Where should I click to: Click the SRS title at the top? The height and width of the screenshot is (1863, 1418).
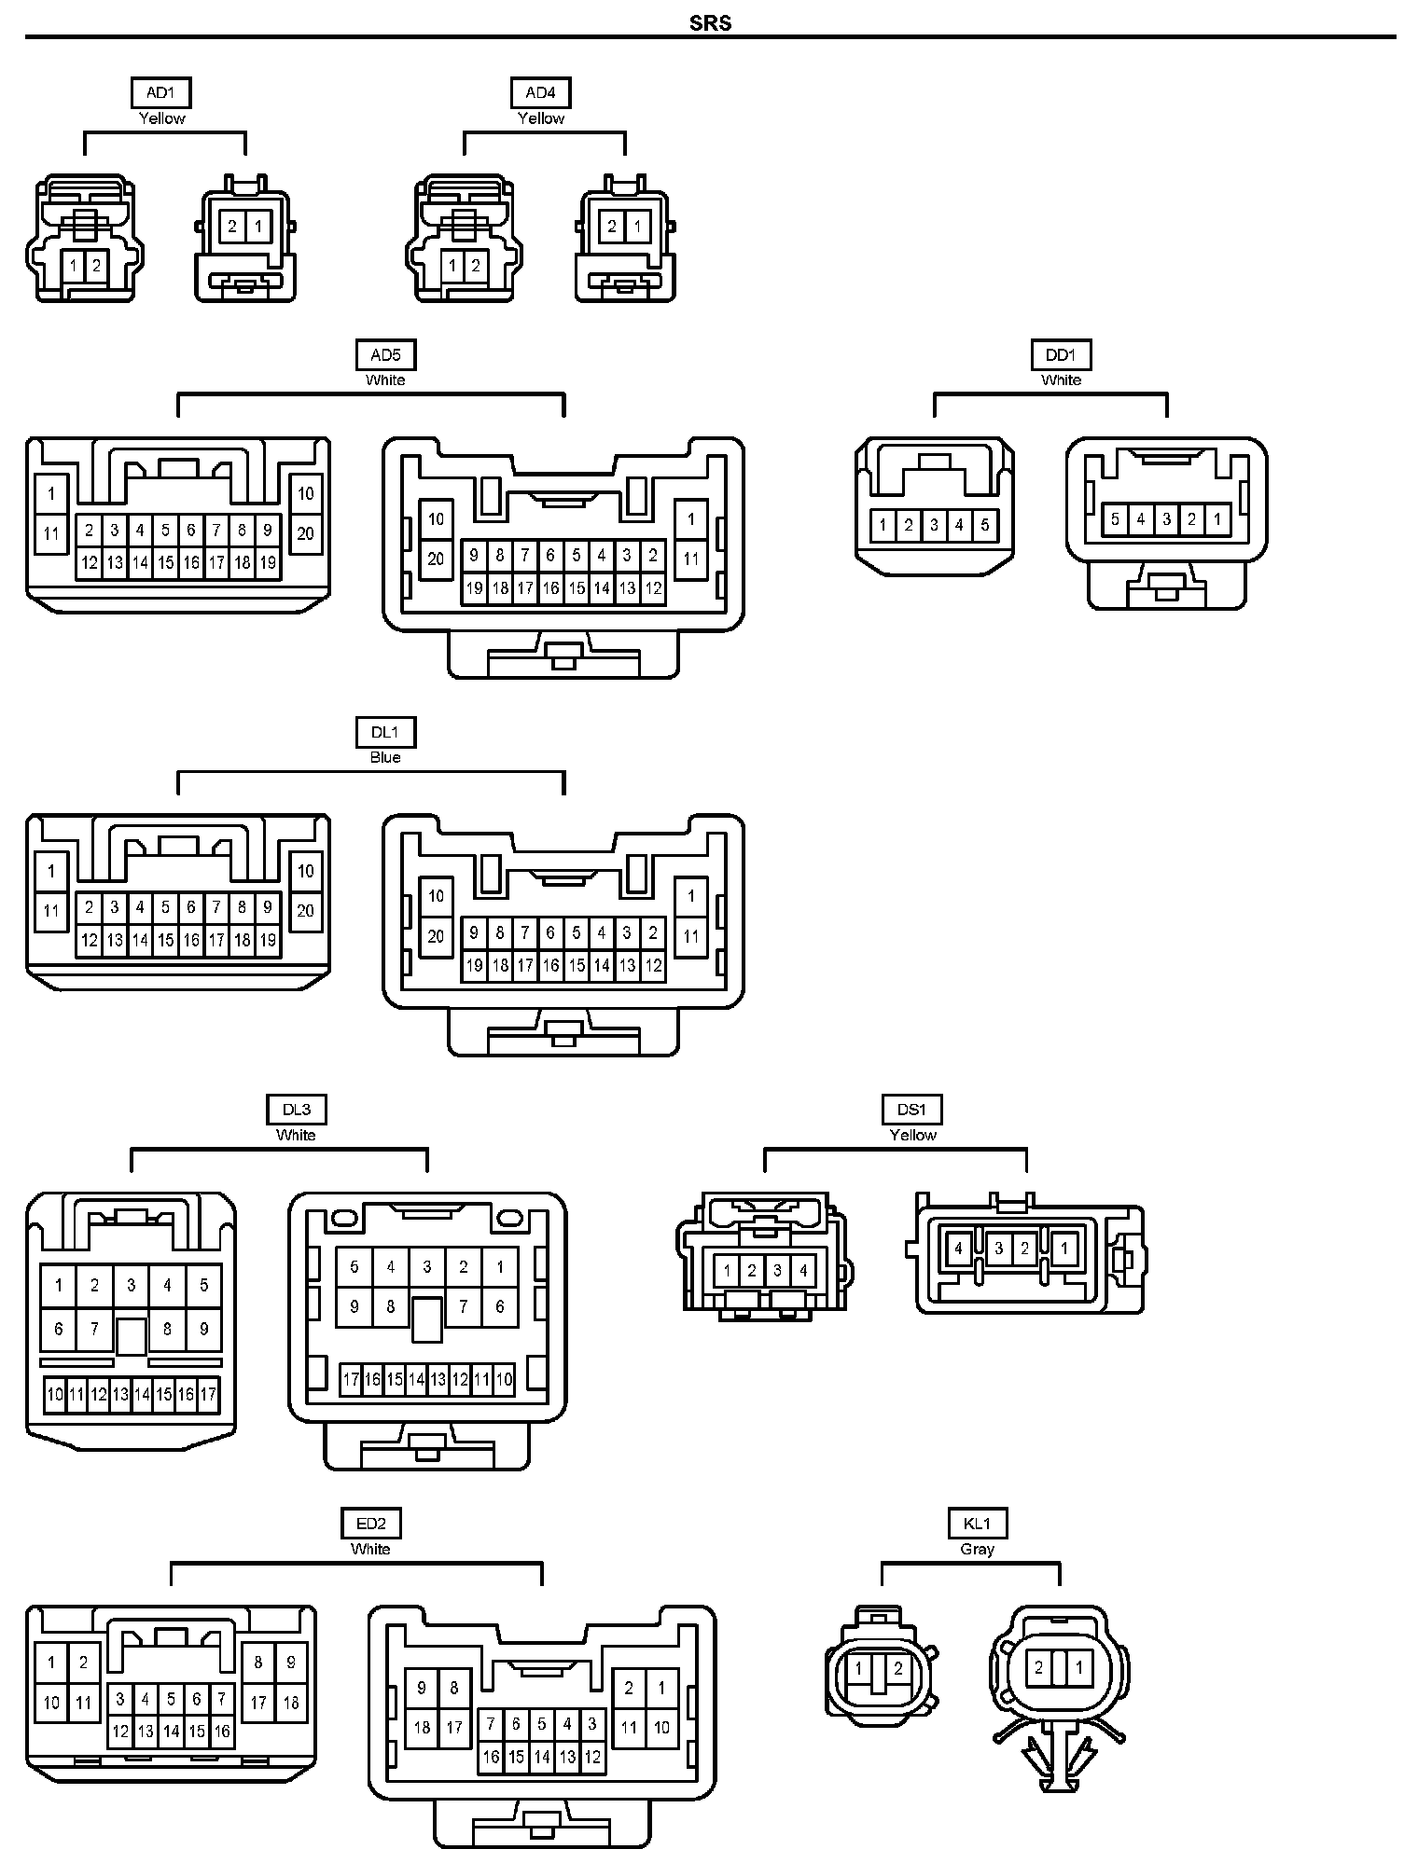tap(710, 22)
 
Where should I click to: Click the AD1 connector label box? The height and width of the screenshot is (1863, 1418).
tap(161, 92)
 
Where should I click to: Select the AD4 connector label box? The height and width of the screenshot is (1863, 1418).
tap(540, 92)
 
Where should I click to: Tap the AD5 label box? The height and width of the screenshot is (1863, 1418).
tap(385, 354)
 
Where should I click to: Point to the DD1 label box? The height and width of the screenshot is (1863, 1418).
tap(1061, 354)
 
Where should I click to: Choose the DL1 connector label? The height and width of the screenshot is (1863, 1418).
tap(385, 732)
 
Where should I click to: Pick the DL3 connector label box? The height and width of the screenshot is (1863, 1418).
tap(296, 1110)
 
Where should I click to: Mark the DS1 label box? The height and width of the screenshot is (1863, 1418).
tap(912, 1110)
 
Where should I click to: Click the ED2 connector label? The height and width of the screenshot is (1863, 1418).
tap(370, 1524)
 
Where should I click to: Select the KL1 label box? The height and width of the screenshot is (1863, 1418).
tap(977, 1524)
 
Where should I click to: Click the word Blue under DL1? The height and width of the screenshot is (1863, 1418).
tap(385, 757)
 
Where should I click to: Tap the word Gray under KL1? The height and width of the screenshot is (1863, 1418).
tap(977, 1549)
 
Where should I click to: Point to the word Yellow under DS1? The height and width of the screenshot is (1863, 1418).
tap(912, 1135)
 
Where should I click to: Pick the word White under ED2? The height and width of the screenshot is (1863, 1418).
tap(370, 1549)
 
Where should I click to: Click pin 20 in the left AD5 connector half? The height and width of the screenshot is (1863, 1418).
tap(305, 533)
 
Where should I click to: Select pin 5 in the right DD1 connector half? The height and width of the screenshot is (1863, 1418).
tap(1115, 519)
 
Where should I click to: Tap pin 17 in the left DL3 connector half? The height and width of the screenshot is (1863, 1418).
tap(208, 1395)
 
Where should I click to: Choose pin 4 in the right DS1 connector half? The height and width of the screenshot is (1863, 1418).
tap(958, 1249)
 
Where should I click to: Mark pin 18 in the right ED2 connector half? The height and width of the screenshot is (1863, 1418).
tap(422, 1727)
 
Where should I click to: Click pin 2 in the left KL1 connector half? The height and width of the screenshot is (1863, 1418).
tap(897, 1669)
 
